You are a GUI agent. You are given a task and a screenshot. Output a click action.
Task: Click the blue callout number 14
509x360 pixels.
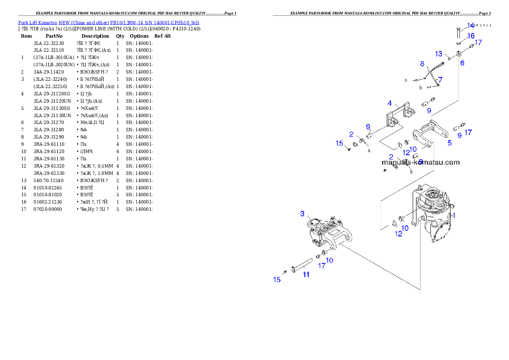pos(470,26)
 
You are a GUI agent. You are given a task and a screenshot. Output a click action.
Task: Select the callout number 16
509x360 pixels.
pos(471,36)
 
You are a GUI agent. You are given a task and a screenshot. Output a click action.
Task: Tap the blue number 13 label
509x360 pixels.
pos(438,54)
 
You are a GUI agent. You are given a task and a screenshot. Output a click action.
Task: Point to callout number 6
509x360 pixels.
pos(462,63)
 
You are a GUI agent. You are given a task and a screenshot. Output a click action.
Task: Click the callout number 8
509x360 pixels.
pos(422,64)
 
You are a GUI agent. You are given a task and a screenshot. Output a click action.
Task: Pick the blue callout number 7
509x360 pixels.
pos(440,80)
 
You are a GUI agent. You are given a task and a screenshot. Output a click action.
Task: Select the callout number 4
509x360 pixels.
pos(390,103)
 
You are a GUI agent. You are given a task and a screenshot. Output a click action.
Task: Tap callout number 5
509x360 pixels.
pos(450,143)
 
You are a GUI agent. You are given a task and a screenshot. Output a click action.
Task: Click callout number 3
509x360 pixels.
pos(302,213)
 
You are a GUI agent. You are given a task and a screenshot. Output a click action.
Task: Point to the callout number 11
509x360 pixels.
pos(306,274)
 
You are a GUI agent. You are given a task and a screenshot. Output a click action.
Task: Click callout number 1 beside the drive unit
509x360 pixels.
pos(454,215)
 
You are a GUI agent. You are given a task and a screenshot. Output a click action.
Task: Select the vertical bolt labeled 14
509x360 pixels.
pos(458,32)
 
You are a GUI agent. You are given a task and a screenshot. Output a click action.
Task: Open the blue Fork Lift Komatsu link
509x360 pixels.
pos(108,22)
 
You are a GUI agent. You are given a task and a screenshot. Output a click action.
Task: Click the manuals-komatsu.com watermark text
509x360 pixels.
pos(420,162)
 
